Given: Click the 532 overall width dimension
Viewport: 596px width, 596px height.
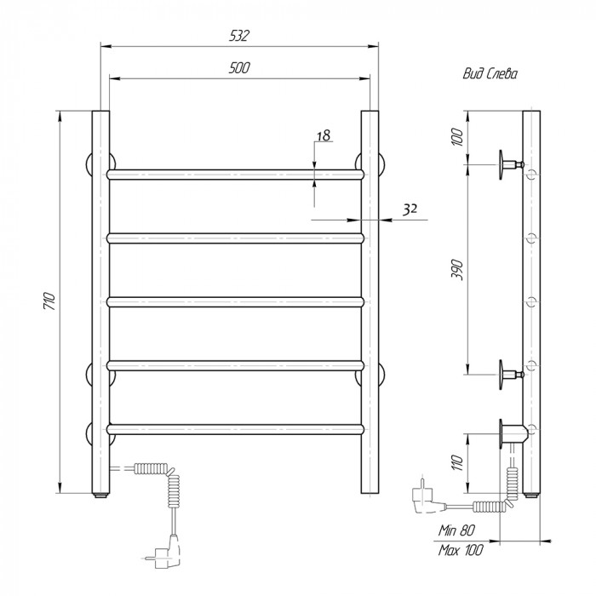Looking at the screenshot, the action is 239,36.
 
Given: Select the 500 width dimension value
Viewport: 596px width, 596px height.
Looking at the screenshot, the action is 239,67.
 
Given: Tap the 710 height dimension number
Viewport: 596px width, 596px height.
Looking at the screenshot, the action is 50,301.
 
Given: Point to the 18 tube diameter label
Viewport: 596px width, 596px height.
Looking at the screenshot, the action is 324,135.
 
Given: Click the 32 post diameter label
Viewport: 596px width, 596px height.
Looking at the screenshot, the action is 410,209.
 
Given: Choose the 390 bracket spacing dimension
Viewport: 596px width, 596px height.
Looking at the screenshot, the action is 458,270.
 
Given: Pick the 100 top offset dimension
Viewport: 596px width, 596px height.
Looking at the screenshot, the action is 457,137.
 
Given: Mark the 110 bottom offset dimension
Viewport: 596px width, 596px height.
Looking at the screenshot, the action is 458,462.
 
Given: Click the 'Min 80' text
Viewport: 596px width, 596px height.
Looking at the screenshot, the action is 456,530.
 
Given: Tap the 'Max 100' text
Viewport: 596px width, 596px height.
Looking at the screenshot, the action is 461,550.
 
